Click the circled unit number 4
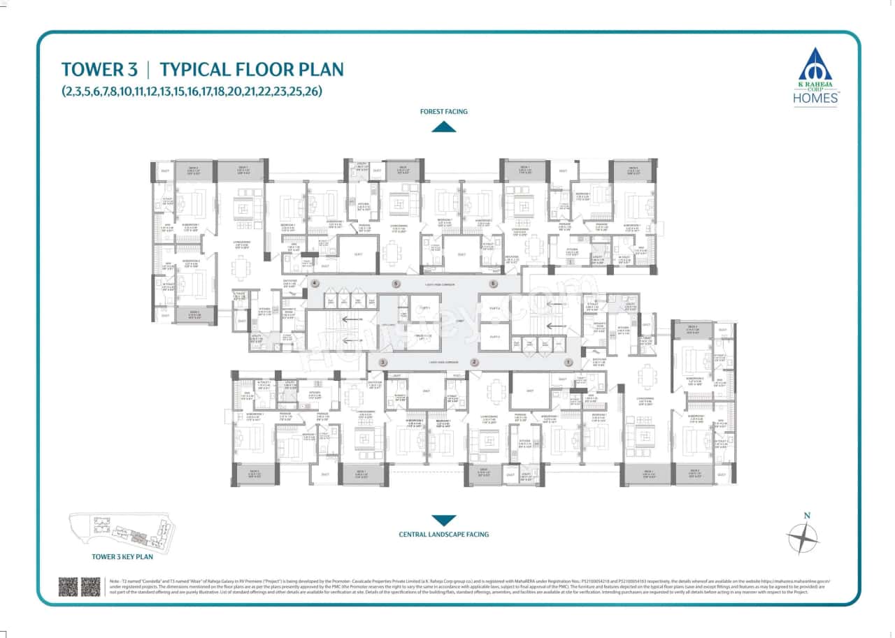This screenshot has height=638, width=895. [315, 284]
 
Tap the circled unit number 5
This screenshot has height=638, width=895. [396, 284]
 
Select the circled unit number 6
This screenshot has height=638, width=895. [493, 284]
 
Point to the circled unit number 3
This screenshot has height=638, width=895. [382, 362]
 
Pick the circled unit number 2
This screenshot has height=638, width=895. [474, 362]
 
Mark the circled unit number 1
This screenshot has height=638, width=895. [568, 362]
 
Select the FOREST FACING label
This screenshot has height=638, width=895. [443, 111]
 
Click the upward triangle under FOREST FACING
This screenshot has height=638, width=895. [443, 126]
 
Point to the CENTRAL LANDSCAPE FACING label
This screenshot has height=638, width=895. [443, 535]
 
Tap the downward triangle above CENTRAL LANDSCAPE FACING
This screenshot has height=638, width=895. [443, 520]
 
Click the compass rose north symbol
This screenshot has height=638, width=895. [803, 538]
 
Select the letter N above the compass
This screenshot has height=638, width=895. [807, 516]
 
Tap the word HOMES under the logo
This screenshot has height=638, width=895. [816, 99]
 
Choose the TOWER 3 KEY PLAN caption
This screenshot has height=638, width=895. [122, 557]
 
